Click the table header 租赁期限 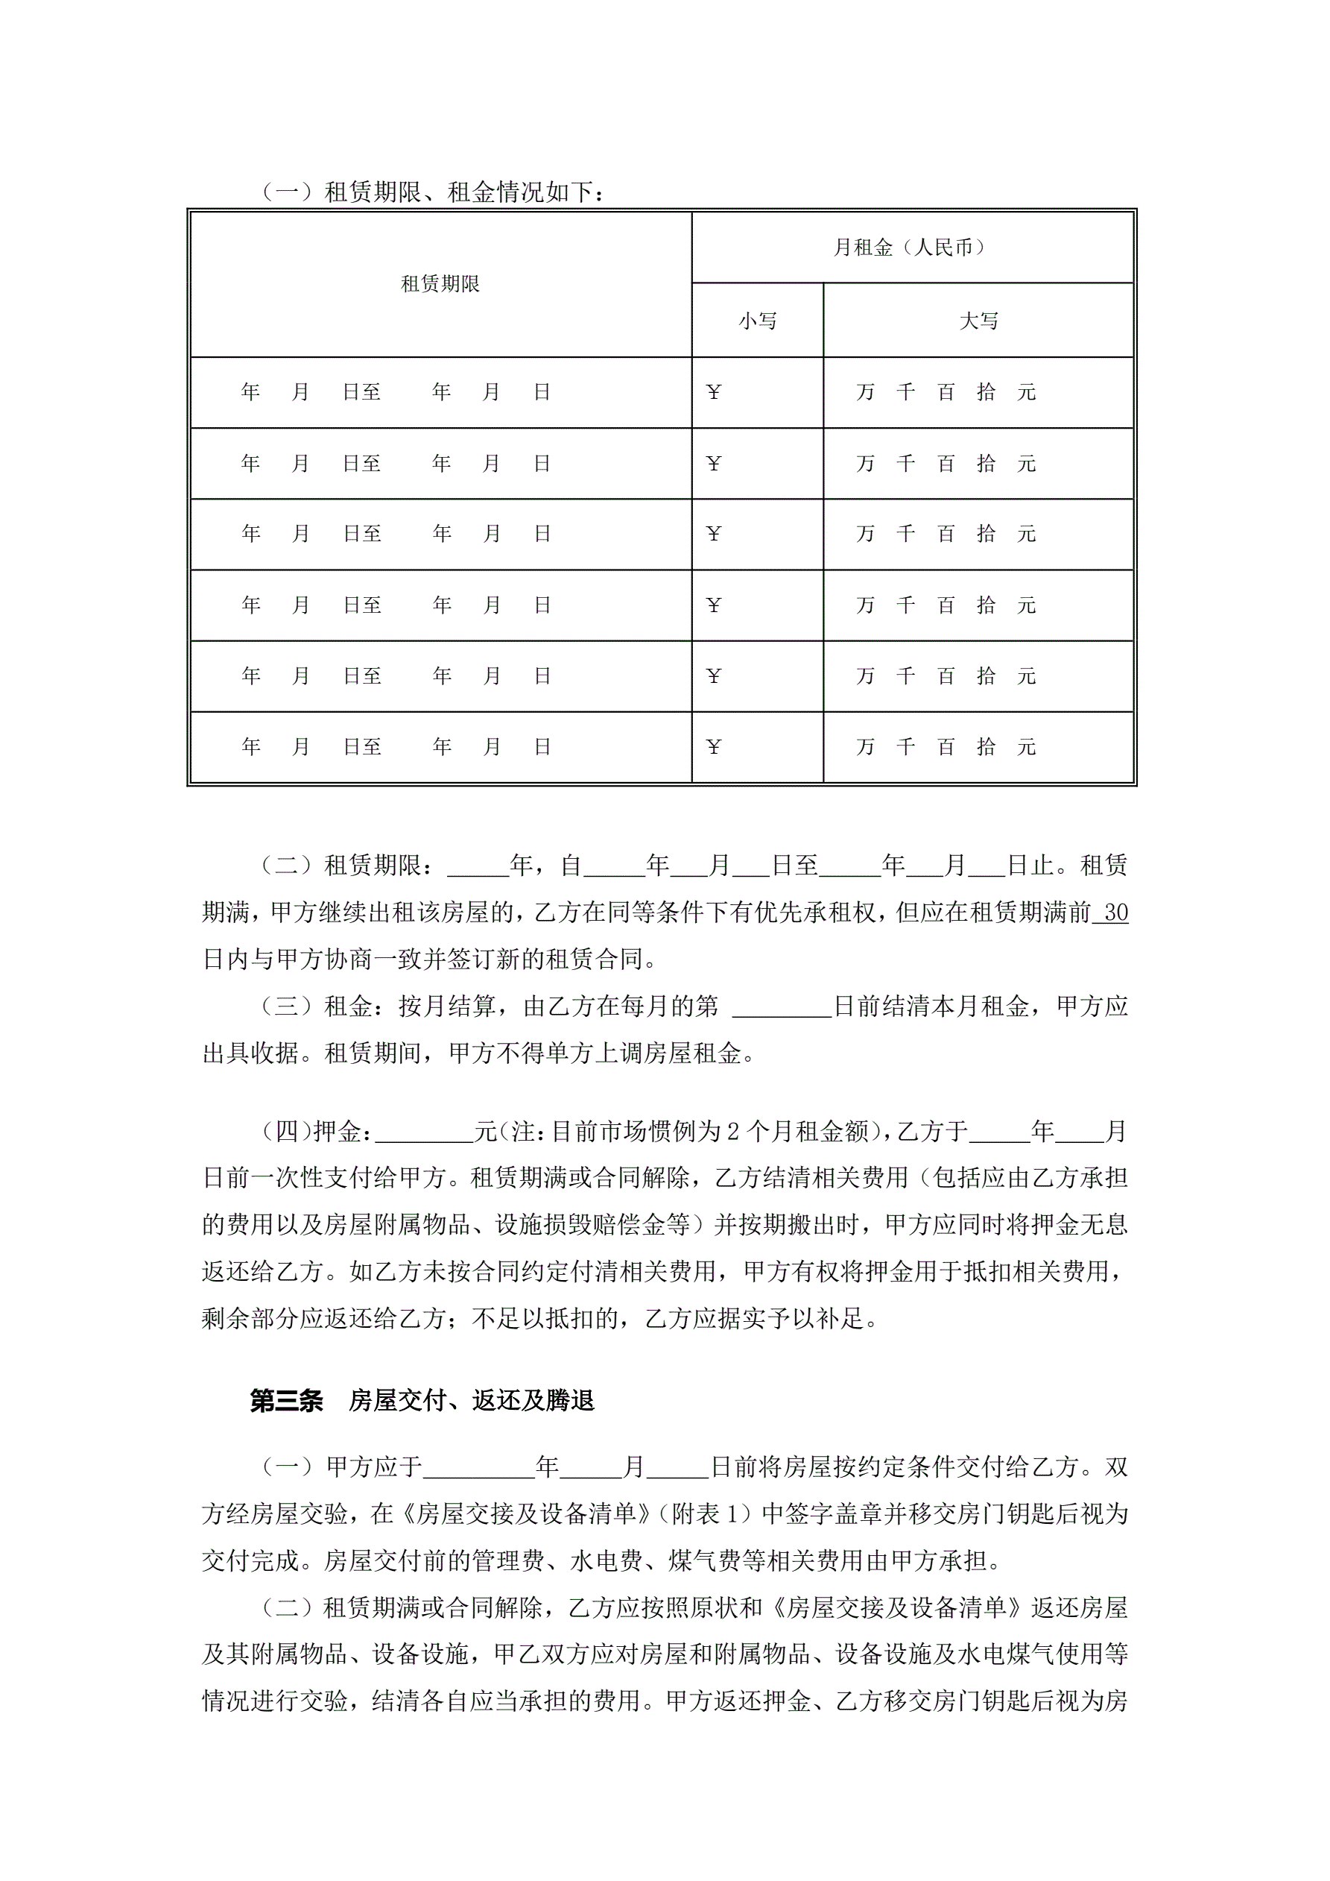[440, 284]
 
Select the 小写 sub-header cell [758, 321]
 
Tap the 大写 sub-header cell [978, 321]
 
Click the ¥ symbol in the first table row [713, 392]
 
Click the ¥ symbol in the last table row [713, 747]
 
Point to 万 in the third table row [866, 534]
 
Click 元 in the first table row [1026, 392]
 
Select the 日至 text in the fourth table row [362, 605]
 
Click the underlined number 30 [1115, 913]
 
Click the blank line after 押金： [424, 1133]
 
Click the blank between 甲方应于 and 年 [479, 1466]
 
